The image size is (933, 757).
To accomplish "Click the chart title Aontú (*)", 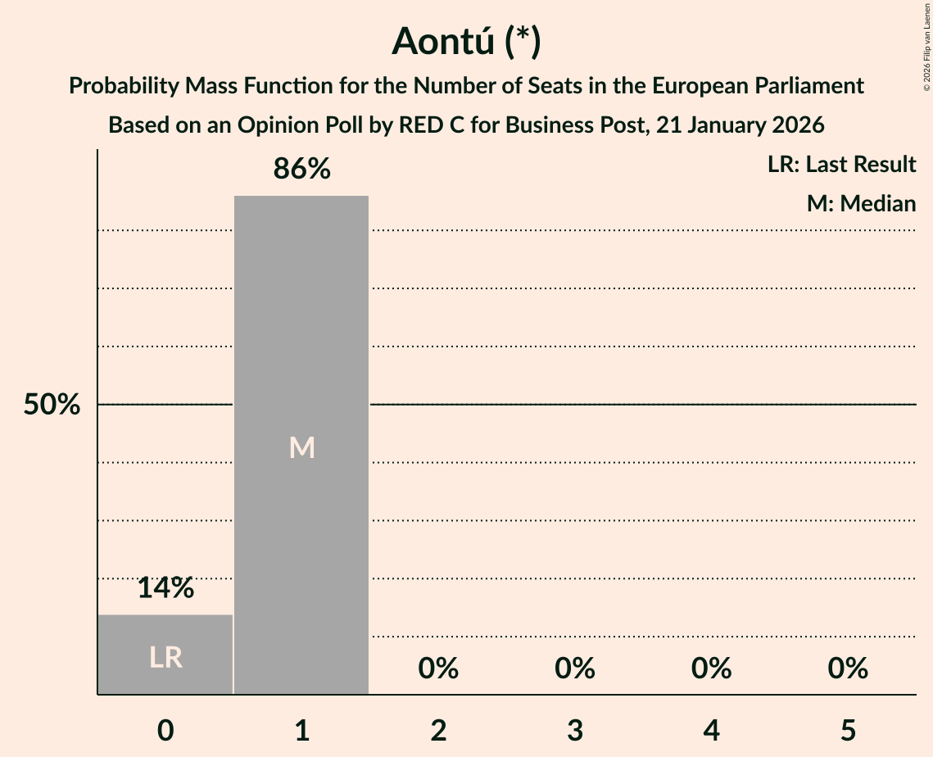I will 466,41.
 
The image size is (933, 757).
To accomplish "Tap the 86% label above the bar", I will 301,170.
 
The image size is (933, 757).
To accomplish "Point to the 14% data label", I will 165,587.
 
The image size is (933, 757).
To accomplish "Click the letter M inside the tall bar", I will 301,447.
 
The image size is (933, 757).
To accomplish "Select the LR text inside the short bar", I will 165,657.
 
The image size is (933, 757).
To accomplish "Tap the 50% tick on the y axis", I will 52,405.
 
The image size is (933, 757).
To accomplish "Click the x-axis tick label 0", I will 165,730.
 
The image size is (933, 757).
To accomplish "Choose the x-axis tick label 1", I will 301,730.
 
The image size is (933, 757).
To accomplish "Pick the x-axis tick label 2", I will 438,730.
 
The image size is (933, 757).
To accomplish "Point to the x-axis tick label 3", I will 575,730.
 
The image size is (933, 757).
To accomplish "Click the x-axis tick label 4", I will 711,730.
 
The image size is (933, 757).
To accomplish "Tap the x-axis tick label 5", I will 848,730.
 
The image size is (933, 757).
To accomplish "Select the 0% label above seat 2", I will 438,669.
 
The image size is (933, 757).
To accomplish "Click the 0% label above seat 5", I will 848,669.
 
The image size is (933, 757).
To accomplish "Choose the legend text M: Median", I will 861,203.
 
